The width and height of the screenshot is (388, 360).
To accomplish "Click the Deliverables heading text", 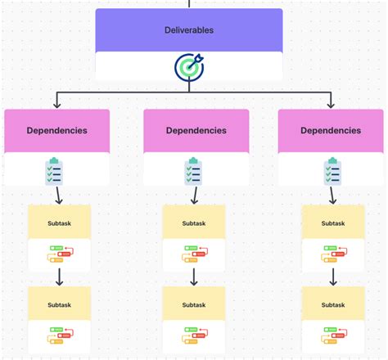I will (189, 29).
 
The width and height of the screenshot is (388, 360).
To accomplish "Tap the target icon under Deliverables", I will (189, 67).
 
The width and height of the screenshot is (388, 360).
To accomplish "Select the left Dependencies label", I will (56, 130).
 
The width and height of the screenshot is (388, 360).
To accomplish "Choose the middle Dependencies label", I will (196, 130).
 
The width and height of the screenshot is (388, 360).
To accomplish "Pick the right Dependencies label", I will (331, 130).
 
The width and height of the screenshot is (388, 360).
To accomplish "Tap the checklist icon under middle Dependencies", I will (194, 171).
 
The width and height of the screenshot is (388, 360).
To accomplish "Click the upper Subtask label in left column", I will (59, 223).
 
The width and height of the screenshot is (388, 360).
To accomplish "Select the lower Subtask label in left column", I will (59, 304).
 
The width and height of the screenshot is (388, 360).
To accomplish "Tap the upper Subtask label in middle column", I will (194, 223).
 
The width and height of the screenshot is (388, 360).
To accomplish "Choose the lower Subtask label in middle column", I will (194, 304).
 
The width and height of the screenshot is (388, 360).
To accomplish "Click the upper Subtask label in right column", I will (333, 223).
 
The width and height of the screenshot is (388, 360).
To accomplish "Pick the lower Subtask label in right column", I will (333, 304).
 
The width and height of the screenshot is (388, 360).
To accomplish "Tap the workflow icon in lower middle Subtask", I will (194, 336).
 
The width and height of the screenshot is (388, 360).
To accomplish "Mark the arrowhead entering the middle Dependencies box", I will (194, 106).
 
